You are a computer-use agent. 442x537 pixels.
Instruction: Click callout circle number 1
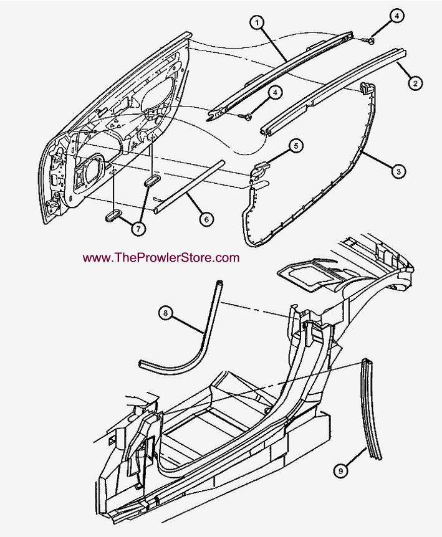[x=257, y=22]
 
